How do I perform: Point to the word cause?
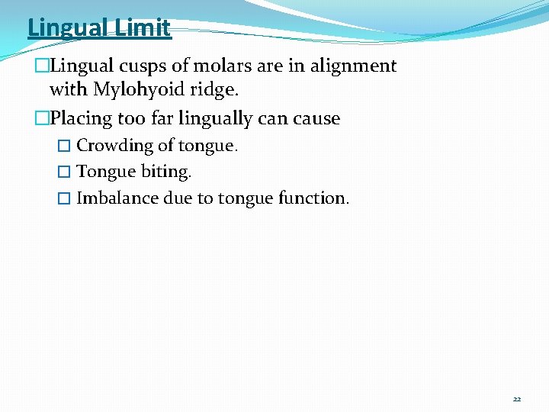click(x=316, y=118)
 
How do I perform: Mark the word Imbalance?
click(x=117, y=198)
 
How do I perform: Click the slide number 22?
click(x=516, y=399)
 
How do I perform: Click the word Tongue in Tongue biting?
click(x=106, y=172)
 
